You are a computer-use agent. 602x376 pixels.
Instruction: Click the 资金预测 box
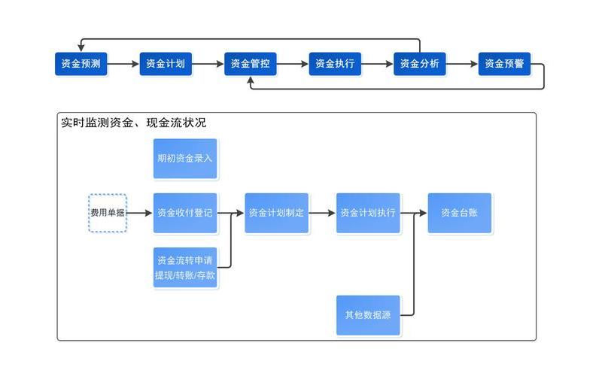pos(81,64)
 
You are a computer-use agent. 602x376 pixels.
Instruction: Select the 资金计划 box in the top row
pos(166,64)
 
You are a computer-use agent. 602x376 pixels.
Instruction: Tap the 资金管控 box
pos(251,64)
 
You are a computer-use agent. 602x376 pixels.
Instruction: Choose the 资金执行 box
pos(335,64)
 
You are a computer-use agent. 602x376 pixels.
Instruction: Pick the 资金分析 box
pos(420,64)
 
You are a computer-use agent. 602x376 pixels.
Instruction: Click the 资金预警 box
pos(504,64)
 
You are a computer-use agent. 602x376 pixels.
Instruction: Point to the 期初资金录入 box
pos(185,159)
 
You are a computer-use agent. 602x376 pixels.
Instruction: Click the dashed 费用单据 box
pos(108,213)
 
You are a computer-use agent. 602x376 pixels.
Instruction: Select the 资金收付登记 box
pos(185,213)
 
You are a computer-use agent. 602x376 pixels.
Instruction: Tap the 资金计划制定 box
pos(276,213)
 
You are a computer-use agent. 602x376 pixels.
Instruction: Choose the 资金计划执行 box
pos(368,213)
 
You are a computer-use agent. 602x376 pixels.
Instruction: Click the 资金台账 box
pos(459,213)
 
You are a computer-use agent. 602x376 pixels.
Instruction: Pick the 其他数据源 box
pos(368,315)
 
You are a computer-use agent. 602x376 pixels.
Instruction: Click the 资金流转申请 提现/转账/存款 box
pos(185,268)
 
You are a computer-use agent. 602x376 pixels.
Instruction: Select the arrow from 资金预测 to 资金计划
pos(123,64)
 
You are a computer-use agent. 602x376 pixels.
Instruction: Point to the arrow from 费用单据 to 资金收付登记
pos(139,213)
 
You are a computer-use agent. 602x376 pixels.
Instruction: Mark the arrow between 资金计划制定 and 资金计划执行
pos(322,213)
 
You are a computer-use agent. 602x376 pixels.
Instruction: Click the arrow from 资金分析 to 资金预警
pos(462,64)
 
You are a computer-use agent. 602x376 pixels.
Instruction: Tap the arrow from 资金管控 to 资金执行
pos(293,64)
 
